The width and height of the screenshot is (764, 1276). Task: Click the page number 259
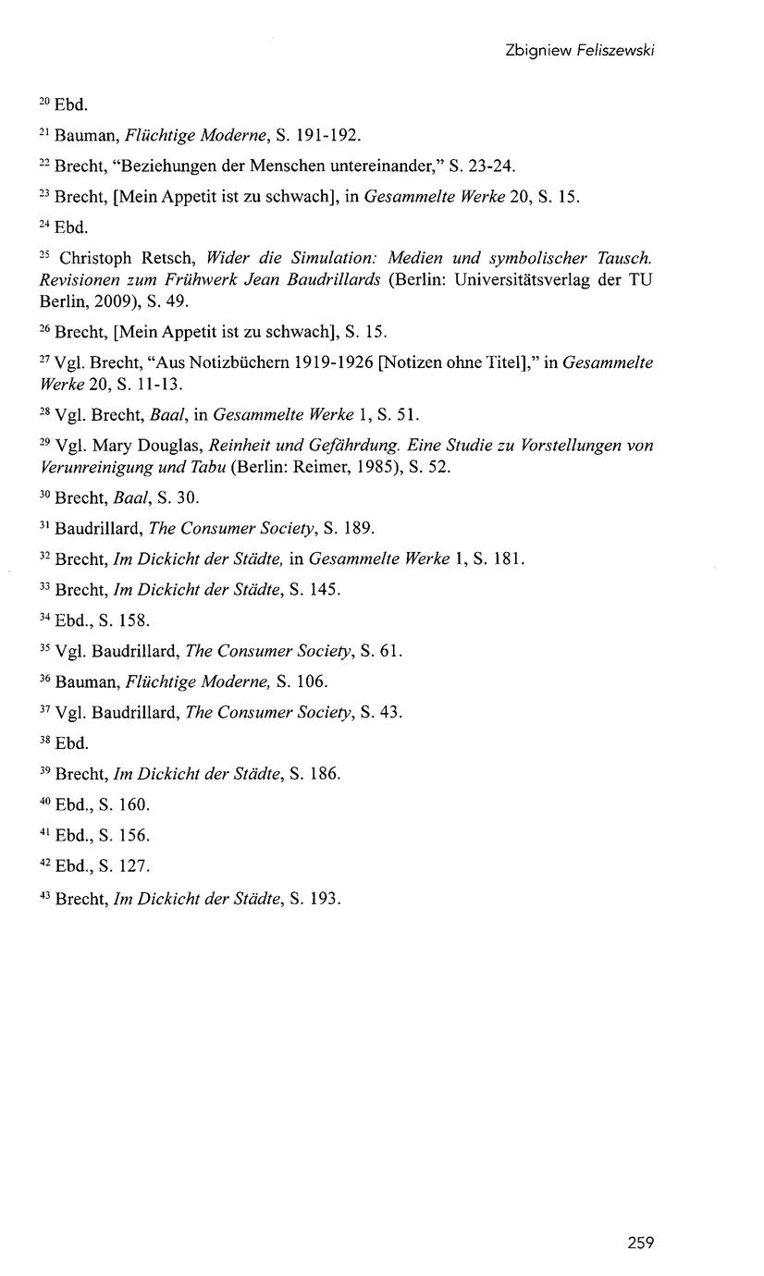(640, 1243)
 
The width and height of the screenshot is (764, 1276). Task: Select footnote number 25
(46, 252)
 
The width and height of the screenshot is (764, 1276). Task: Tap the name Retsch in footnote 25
(166, 257)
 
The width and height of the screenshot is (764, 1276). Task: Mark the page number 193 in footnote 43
(326, 897)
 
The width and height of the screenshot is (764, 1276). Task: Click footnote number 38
(46, 740)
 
